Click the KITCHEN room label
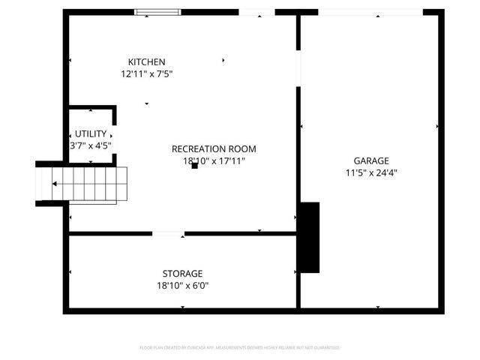tap(147, 61)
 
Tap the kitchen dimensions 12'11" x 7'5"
tap(147, 74)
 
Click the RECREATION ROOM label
tap(214, 148)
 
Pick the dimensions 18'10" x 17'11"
tap(214, 160)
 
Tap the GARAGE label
tap(371, 160)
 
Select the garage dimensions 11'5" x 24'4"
tap(371, 172)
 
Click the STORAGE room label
tap(182, 273)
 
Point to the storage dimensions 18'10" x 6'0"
tap(182, 285)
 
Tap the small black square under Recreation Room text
tap(194, 166)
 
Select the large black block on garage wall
tap(309, 237)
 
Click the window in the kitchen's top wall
tap(157, 11)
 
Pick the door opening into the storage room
tap(169, 234)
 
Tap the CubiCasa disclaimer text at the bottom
tap(240, 348)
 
